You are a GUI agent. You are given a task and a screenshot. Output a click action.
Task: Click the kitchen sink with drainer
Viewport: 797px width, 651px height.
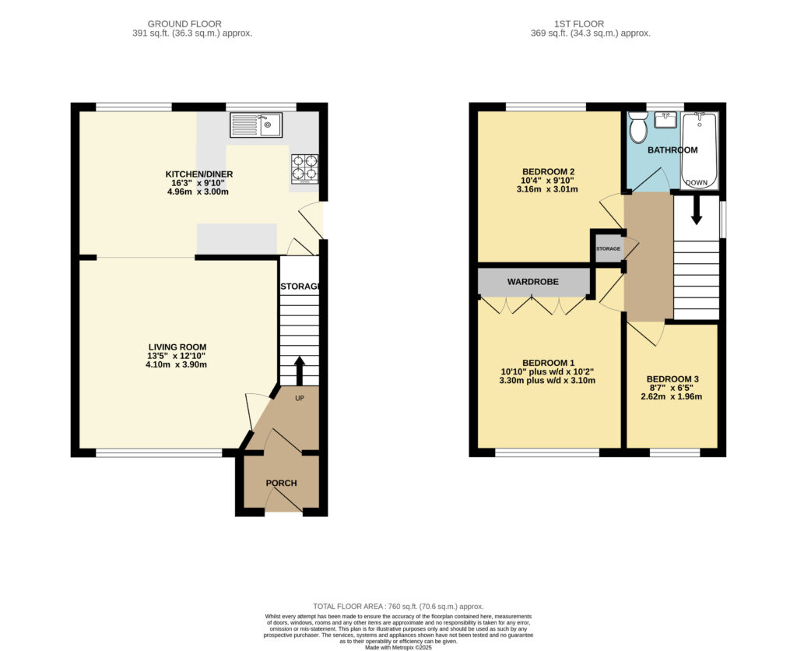(256, 125)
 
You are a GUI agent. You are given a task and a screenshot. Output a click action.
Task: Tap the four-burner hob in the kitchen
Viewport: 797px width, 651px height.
(304, 169)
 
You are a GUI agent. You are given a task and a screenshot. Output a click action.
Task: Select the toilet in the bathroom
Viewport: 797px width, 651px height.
(638, 127)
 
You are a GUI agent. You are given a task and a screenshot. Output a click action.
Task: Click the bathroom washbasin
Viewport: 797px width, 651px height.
(665, 120)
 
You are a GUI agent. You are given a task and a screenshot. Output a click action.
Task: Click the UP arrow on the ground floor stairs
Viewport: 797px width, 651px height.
(299, 371)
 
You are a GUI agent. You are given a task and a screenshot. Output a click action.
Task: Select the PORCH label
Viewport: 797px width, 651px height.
(281, 483)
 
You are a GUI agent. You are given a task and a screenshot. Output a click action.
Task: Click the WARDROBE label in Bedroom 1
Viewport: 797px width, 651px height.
(533, 282)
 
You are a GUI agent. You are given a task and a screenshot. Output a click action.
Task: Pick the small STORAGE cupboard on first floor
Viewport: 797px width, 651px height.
(608, 248)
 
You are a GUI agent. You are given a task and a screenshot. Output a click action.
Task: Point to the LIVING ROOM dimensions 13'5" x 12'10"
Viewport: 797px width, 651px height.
(178, 356)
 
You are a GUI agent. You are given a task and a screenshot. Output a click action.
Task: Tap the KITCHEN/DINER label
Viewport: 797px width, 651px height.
(199, 174)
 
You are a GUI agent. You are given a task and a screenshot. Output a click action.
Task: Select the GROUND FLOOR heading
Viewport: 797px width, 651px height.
(192, 24)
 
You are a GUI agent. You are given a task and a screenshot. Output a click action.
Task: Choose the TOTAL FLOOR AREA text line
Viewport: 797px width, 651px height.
(398, 606)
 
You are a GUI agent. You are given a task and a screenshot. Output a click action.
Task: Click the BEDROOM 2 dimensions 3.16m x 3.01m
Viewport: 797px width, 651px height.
(547, 189)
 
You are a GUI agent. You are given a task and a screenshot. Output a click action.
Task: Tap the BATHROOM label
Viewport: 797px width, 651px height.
(672, 150)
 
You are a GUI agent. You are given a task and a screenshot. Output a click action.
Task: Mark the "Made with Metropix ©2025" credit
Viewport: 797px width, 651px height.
(398, 646)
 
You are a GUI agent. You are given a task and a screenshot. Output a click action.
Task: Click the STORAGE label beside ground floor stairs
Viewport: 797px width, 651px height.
(300, 287)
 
